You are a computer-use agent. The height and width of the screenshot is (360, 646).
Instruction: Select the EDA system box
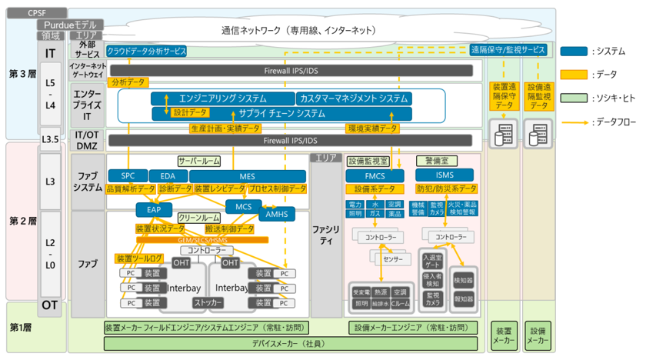pyautogui.click(x=168, y=176)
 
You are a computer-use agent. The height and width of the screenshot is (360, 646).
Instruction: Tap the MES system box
pyautogui.click(x=246, y=176)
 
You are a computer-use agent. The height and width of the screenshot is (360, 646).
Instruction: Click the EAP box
pyautogui.click(x=154, y=208)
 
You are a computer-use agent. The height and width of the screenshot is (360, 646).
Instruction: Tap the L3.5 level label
pyautogui.click(x=51, y=139)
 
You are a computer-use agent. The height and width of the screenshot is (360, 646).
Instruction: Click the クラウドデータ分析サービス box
pyautogui.click(x=146, y=51)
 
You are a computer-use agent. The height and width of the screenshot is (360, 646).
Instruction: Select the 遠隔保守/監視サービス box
pyautogui.click(x=508, y=51)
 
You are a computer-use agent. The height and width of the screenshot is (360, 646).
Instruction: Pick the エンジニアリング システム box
pyautogui.click(x=223, y=98)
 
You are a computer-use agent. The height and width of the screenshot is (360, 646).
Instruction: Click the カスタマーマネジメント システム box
pyautogui.click(x=353, y=98)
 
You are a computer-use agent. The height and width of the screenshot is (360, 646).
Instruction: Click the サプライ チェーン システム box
pyautogui.click(x=281, y=113)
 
